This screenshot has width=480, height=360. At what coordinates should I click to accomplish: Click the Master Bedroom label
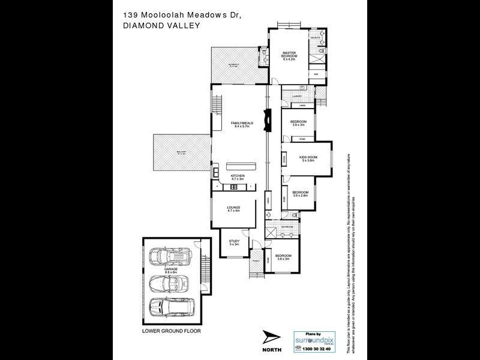[x=290, y=56]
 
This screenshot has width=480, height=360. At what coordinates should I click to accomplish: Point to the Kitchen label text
[x=238, y=178]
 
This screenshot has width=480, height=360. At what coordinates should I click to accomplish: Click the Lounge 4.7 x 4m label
[x=233, y=209]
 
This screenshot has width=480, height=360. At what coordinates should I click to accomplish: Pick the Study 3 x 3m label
[x=233, y=243]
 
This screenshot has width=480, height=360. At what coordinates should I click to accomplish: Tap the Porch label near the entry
[x=256, y=262]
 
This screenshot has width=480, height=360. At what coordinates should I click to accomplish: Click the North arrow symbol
[x=271, y=340]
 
